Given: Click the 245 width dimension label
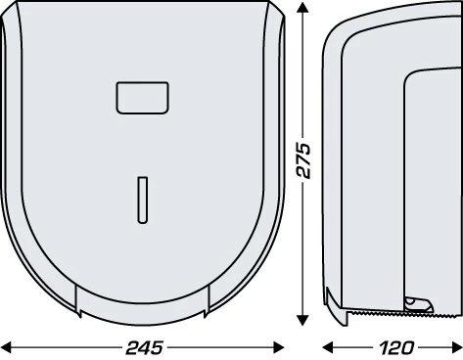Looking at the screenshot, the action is (x=145, y=347).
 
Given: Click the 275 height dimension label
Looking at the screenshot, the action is (x=303, y=159).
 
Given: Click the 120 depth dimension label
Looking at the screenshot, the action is (x=396, y=348).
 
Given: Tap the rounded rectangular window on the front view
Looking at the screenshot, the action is (x=143, y=98).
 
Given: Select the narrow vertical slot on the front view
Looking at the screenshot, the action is (x=143, y=200).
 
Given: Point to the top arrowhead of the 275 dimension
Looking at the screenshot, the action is (x=302, y=7).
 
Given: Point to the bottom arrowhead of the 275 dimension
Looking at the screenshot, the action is (x=302, y=320).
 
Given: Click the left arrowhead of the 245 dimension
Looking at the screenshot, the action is (x=7, y=347).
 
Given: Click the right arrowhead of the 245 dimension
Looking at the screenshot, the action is (x=278, y=347).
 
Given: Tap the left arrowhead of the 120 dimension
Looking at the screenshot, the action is (x=328, y=347).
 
